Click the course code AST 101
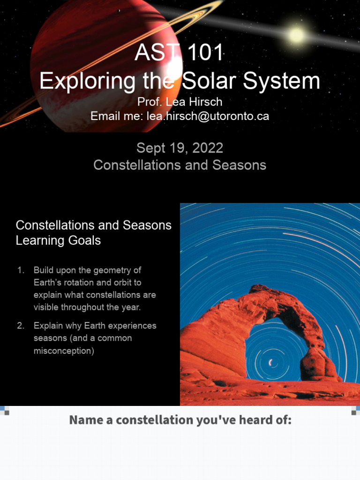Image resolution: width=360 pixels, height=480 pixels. point(180,53)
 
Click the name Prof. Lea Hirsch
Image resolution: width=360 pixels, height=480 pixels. point(180,102)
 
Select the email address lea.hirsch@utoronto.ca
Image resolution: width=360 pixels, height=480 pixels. point(208,116)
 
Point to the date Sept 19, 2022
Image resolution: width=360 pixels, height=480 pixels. point(180,149)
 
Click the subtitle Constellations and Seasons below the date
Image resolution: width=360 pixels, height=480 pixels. point(180,165)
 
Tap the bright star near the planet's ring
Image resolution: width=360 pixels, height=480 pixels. point(296,35)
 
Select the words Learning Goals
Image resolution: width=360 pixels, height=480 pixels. point(58,240)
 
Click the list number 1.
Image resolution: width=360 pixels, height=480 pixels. point(20,270)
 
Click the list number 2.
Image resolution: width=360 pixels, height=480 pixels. point(20,326)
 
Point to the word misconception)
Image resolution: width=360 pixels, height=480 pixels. point(64,351)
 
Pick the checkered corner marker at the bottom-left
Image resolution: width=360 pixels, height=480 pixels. point(4,411)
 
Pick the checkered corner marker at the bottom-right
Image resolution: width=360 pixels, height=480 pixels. point(355,411)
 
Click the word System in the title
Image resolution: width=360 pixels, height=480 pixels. point(290,81)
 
